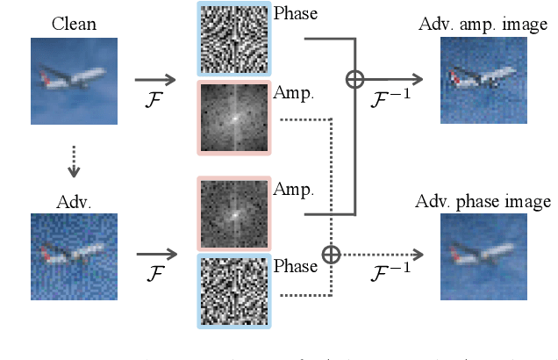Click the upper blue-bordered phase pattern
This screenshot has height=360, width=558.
(x=234, y=40)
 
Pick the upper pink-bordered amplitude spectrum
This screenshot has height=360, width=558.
(x=234, y=119)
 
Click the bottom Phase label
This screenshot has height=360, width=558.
(x=295, y=265)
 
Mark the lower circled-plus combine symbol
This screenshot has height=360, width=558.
(x=331, y=255)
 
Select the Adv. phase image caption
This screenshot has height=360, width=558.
(x=483, y=202)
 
